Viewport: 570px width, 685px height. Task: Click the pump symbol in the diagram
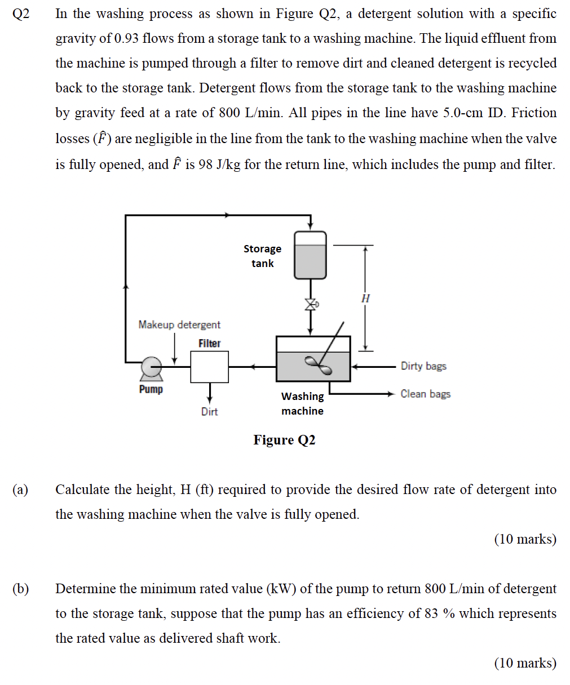(x=151, y=367)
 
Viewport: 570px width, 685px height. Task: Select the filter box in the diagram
(x=209, y=367)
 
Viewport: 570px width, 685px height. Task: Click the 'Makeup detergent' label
(x=179, y=324)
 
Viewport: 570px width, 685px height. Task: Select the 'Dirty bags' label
(x=423, y=366)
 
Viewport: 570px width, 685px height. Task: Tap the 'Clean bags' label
(x=426, y=394)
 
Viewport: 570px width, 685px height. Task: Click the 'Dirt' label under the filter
(x=209, y=412)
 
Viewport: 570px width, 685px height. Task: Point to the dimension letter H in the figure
(x=365, y=298)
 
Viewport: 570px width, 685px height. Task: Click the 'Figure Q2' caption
(x=284, y=440)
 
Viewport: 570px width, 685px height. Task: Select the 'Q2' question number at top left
(x=20, y=14)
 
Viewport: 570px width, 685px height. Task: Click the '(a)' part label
(x=20, y=490)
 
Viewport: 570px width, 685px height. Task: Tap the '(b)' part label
(x=20, y=589)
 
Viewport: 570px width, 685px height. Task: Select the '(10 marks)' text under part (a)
(x=525, y=539)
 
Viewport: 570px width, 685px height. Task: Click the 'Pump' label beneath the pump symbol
(x=151, y=389)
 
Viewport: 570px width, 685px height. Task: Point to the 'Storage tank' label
(x=262, y=256)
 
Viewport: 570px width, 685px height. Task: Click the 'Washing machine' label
(x=302, y=403)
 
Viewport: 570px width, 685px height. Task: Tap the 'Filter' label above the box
(x=209, y=343)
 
